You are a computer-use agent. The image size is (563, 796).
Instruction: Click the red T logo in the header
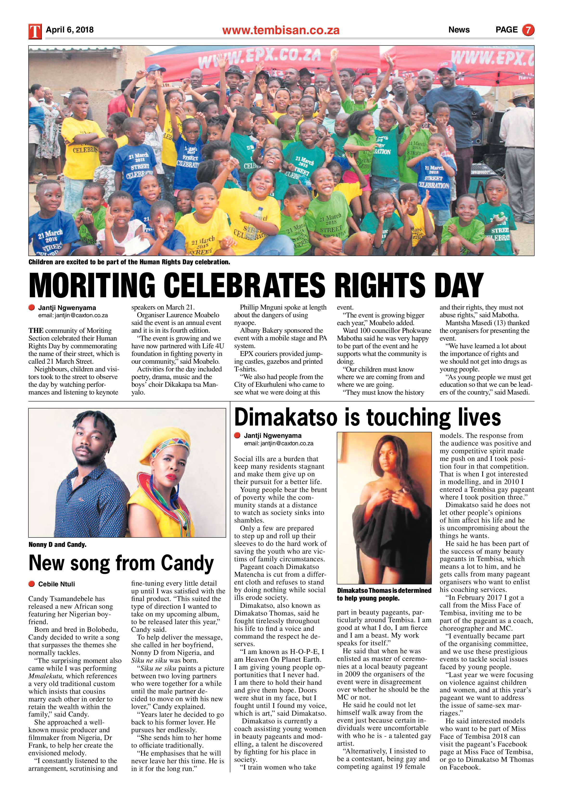[35, 31]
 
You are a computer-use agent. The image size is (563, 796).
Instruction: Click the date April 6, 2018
[70, 30]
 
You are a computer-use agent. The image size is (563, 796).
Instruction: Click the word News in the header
[459, 30]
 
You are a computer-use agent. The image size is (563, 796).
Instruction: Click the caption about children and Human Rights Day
[129, 262]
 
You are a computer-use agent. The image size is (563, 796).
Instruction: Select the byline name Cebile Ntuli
[57, 584]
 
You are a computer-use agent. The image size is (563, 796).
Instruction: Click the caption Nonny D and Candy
[57, 545]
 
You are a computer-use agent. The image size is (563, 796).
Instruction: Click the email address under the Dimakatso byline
[278, 443]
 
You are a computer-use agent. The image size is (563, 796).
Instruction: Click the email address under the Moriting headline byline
[73, 316]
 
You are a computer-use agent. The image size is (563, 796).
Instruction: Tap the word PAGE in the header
[506, 30]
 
